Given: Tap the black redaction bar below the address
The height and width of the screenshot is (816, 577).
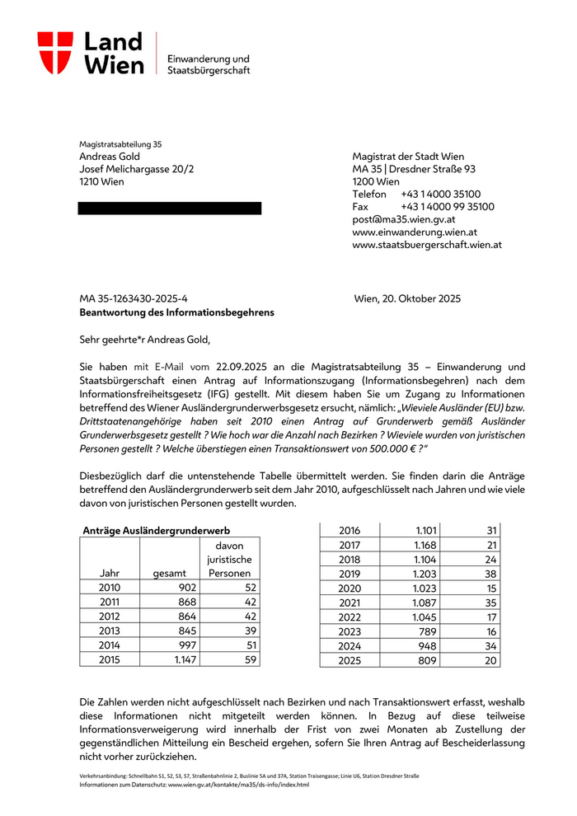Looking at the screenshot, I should (170, 208).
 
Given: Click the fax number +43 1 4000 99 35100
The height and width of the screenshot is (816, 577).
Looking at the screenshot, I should (447, 207).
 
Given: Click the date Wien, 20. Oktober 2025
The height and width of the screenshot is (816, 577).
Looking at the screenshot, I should (407, 298).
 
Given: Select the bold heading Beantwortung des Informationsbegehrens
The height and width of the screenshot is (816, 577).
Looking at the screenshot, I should (176, 312).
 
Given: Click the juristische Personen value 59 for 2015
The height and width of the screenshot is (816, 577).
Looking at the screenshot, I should (250, 659).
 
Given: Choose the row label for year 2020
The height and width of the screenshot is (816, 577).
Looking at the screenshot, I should (350, 588).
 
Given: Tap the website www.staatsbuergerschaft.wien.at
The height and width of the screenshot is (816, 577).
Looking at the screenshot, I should (427, 245).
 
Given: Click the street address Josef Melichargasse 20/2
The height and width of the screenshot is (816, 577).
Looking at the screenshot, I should (137, 169).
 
